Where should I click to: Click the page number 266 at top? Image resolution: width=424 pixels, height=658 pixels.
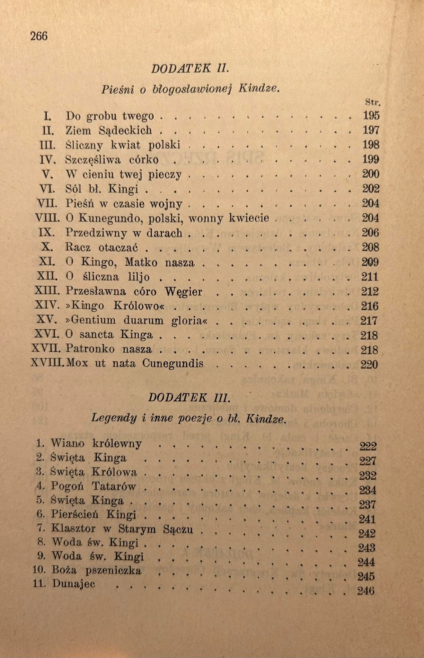(x=39, y=36)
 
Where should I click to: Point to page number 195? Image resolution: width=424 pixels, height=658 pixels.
(x=371, y=116)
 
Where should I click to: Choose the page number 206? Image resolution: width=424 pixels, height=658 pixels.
(x=370, y=233)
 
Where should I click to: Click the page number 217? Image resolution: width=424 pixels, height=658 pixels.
(x=369, y=321)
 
